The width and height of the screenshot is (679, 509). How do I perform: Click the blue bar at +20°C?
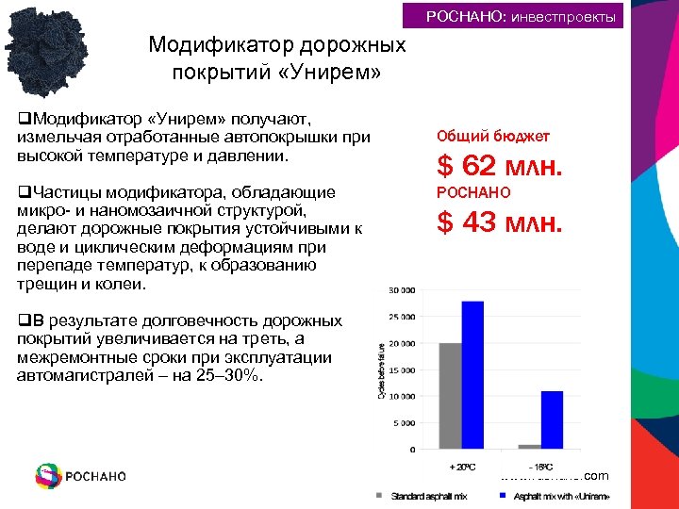[472, 374]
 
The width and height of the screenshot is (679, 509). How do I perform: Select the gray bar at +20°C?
[450, 396]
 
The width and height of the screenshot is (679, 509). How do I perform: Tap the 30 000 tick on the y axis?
[400, 289]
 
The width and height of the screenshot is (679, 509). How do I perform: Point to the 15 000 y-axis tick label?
[400, 369]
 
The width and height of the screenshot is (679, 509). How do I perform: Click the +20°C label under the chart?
[461, 467]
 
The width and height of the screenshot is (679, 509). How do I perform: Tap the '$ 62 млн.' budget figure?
[499, 167]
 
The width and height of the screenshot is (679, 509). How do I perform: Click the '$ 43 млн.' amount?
[499, 223]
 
